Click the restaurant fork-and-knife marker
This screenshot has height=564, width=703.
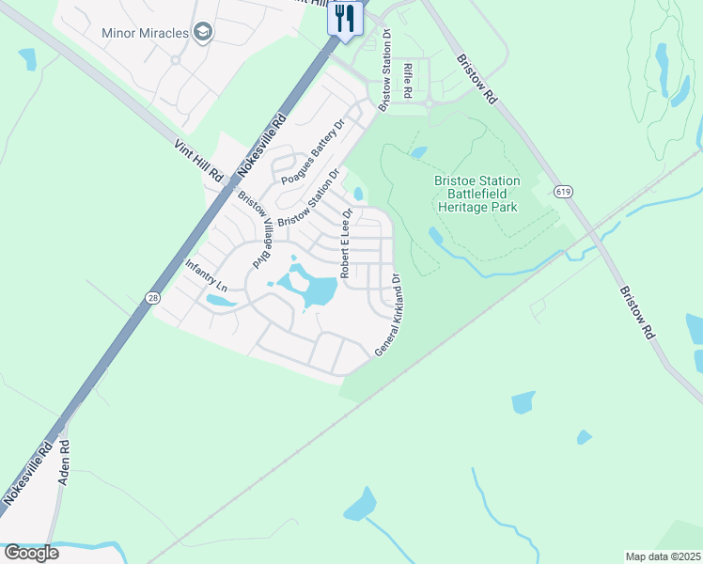tap(345, 18)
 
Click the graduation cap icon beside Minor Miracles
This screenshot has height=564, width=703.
tap(203, 33)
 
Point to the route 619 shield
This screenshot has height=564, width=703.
tap(563, 192)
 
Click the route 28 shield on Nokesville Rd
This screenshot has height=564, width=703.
tap(151, 298)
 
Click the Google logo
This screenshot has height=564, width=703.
tap(31, 552)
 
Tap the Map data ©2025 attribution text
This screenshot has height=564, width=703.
tap(663, 556)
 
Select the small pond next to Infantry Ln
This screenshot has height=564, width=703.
tap(221, 302)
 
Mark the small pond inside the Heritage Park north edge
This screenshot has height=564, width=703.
tap(419, 152)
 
